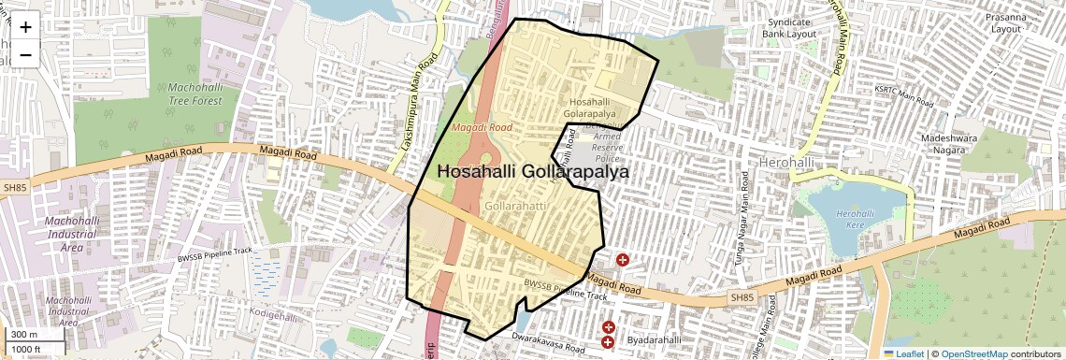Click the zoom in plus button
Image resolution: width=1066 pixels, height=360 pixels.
pyautogui.click(x=25, y=26)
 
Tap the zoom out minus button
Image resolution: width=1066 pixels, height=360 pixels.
pyautogui.click(x=25, y=54)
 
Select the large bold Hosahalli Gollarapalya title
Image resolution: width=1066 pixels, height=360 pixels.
pyautogui.click(x=533, y=172)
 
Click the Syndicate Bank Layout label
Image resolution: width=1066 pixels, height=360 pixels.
pyautogui.click(x=789, y=27)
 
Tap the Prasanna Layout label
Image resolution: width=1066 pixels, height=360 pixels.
pyautogui.click(x=1005, y=22)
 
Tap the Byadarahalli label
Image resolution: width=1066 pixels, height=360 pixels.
pyautogui.click(x=654, y=340)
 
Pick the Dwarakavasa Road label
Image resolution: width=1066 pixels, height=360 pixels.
pyautogui.click(x=549, y=341)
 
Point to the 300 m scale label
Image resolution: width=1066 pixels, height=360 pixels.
pyautogui.click(x=23, y=335)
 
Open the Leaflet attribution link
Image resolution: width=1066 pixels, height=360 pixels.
pyautogui.click(x=903, y=353)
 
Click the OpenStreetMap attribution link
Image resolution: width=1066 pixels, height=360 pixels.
pyautogui.click(x=973, y=353)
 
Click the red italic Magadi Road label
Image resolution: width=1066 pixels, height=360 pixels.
pyautogui.click(x=482, y=126)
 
